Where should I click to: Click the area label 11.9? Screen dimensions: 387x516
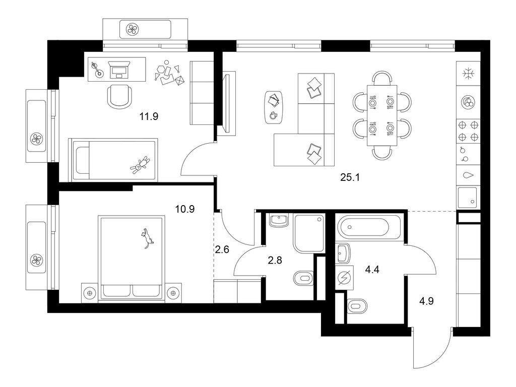pyautogui.click(x=149, y=117)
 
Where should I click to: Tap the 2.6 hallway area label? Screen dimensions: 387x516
pyautogui.click(x=222, y=249)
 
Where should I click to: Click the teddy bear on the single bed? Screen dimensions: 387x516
pyautogui.click(x=140, y=165)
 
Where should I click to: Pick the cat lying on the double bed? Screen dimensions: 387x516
pyautogui.click(x=147, y=238)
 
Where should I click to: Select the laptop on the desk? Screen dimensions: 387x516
pyautogui.click(x=119, y=69)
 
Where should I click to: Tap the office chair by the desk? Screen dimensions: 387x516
pyautogui.click(x=120, y=95)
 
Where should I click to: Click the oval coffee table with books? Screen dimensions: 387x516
pyautogui.click(x=274, y=106)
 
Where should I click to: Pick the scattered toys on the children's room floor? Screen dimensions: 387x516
pyautogui.click(x=169, y=75)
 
